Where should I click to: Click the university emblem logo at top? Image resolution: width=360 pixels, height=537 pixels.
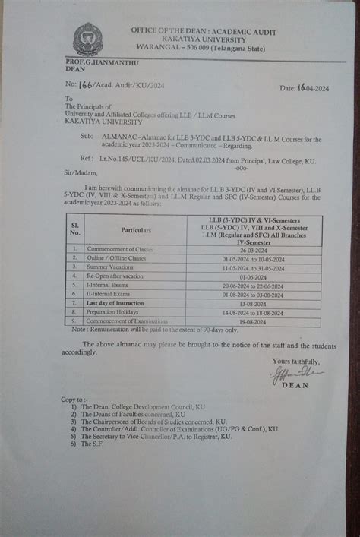pos(87,40)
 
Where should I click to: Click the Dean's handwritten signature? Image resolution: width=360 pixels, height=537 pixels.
pos(295,374)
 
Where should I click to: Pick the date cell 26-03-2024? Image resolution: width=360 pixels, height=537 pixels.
pos(249,249)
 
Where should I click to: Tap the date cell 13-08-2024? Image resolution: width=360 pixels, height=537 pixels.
pos(249,302)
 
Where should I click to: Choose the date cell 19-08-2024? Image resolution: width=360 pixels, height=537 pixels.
pos(249,320)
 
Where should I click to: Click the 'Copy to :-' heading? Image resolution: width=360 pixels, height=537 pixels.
pos(74,400)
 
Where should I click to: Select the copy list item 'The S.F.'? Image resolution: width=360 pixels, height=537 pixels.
pos(93,444)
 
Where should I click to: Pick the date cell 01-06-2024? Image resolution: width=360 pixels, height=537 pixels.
pos(249,276)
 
